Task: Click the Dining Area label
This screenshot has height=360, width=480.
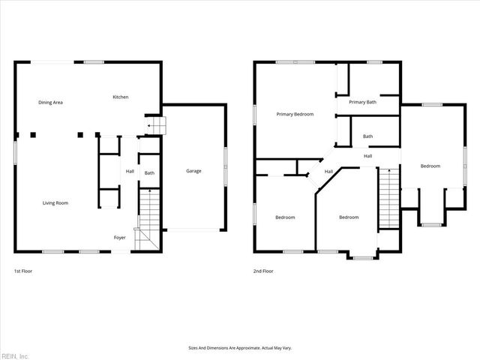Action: tap(51, 102)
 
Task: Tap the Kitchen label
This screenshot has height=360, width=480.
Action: tap(120, 97)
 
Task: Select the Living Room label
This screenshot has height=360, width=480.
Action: tap(55, 202)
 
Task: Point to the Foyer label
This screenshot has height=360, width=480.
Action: tap(120, 237)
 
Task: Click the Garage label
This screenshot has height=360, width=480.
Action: tap(193, 171)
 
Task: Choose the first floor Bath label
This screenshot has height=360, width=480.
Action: tap(150, 173)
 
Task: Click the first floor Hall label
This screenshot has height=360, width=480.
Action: tap(130, 171)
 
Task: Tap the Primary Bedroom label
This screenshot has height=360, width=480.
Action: tap(295, 114)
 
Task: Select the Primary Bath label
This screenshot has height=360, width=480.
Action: tap(362, 101)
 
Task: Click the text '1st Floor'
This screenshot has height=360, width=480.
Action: tap(23, 270)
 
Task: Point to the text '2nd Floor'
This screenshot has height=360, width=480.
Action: tap(263, 270)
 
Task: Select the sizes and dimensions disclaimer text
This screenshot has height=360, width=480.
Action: tap(239, 348)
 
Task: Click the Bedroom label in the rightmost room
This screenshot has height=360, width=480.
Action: tap(430, 166)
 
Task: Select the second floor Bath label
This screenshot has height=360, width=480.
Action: tap(367, 136)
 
